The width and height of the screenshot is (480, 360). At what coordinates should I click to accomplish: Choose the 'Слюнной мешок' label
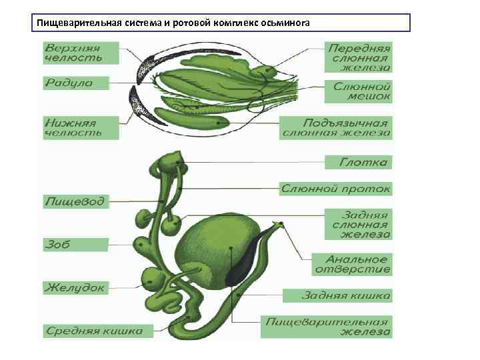click(x=359, y=91)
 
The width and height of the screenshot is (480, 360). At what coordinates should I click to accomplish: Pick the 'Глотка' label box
click(x=359, y=162)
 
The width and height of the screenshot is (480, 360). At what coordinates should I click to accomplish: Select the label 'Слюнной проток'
click(x=335, y=189)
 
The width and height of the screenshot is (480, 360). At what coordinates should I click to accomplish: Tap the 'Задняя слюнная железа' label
click(x=359, y=225)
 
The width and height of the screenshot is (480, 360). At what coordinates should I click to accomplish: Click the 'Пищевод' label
click(x=75, y=201)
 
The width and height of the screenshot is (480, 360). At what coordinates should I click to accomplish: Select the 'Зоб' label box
click(x=75, y=244)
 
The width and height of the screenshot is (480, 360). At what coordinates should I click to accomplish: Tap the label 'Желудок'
click(x=75, y=288)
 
